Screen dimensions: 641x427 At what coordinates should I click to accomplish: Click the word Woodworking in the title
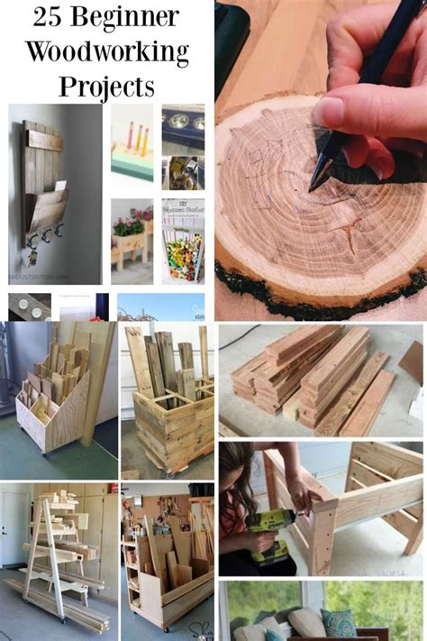point(106,51)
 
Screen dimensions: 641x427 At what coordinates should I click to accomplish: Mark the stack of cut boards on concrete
point(315,379)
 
